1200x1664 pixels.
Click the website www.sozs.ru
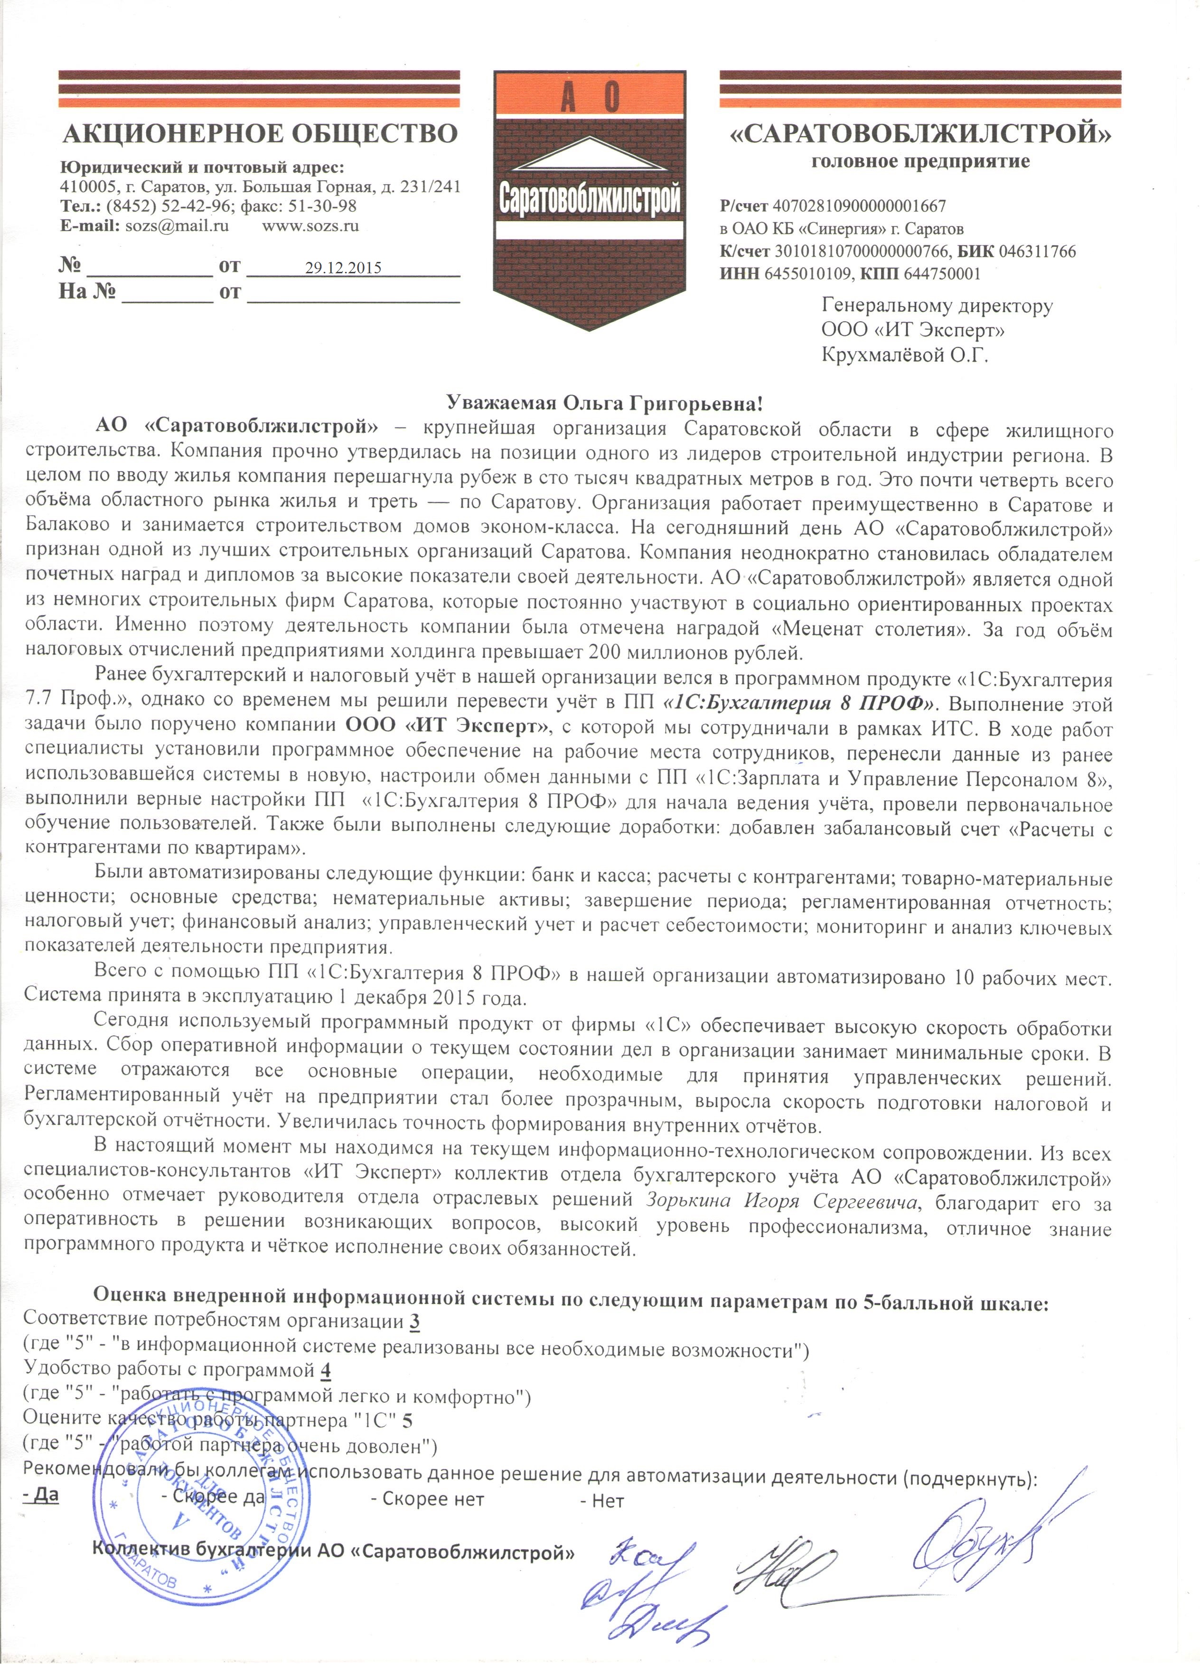tap(310, 226)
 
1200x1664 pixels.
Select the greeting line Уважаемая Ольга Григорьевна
tap(606, 403)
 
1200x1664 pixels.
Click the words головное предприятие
tap(920, 161)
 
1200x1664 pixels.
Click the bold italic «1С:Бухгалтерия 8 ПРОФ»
tap(798, 703)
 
